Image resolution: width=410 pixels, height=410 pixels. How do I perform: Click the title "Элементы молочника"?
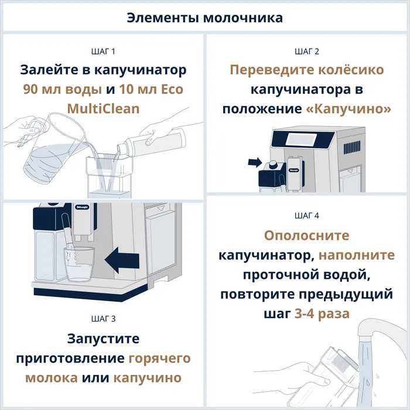[x=204, y=18]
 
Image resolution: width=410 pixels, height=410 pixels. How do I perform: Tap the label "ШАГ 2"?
[x=307, y=52]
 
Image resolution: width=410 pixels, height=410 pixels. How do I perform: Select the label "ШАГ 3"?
[x=102, y=319]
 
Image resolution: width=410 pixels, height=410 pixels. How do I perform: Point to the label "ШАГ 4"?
[x=307, y=216]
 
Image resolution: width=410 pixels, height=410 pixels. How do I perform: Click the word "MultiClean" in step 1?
[x=103, y=109]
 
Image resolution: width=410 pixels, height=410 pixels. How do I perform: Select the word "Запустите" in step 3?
[x=103, y=339]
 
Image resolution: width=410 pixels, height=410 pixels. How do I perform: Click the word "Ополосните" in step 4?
[x=306, y=235]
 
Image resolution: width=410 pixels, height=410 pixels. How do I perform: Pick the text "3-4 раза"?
[x=322, y=313]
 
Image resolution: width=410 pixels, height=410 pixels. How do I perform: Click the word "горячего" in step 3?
[x=159, y=358]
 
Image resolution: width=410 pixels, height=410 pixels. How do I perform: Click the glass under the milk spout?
[x=78, y=264]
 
